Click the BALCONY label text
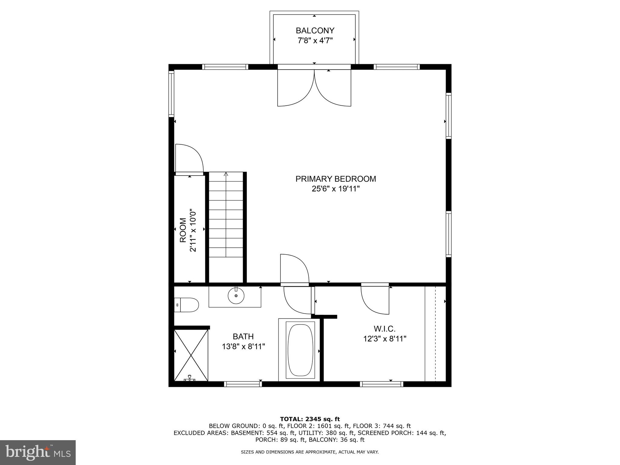315,31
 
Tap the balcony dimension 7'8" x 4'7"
315,41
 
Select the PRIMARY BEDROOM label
335,179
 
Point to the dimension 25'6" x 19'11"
335,189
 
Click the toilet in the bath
188,305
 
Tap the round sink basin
236,296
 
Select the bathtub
300,350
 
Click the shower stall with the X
191,355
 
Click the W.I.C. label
384,328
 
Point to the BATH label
243,336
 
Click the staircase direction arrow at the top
226,174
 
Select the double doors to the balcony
314,88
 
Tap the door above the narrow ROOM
189,159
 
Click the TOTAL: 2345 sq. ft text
310,419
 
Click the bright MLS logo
38,452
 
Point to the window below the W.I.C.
381,384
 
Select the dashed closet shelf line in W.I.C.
435,333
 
